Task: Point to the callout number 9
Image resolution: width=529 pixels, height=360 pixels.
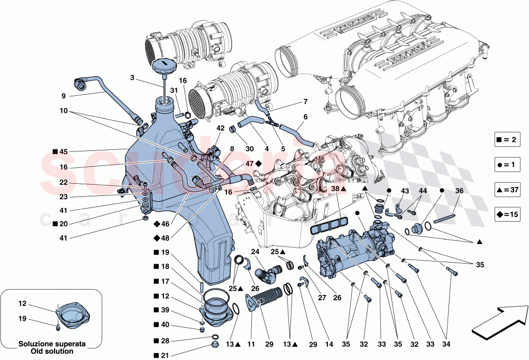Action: (x=63, y=96)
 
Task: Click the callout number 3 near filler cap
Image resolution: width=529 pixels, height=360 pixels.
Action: (x=132, y=77)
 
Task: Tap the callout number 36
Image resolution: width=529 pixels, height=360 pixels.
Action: (x=459, y=191)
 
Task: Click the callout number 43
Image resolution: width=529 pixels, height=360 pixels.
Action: (x=404, y=191)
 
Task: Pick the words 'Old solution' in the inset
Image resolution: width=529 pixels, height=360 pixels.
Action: (x=44, y=351)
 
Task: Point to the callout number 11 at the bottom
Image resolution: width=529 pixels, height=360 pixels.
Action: (x=251, y=345)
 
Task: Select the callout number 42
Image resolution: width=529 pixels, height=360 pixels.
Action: (x=220, y=128)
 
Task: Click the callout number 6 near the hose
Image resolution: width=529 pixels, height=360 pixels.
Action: (x=305, y=116)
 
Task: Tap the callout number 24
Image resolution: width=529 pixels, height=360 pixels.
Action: (x=255, y=252)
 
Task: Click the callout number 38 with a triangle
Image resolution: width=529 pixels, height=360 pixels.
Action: (x=335, y=188)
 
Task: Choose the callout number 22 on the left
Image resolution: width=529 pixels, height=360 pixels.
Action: (x=63, y=183)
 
